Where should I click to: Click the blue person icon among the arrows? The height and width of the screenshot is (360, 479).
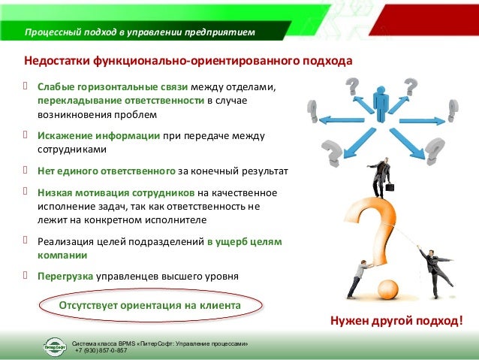pos(382,104)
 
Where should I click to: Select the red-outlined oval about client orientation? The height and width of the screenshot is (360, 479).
pos(150,307)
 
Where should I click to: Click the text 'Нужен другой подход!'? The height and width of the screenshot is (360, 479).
pos(397,322)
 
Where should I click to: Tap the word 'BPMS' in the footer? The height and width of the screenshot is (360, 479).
pos(123,343)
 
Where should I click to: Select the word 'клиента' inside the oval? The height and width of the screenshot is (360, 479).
pos(217,306)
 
